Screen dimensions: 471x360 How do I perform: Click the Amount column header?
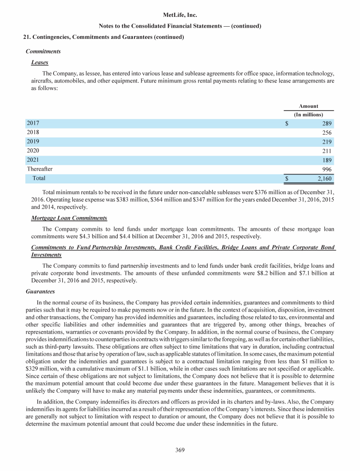pos(308,106)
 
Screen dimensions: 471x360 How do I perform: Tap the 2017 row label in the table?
pos(33,123)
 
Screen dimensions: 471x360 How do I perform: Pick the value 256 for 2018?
pos(327,133)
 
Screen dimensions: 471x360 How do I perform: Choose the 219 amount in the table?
pos(327,142)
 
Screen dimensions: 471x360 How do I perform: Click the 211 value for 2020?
pos(327,151)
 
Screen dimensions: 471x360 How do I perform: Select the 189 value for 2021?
pos(327,160)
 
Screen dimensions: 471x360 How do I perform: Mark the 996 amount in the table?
pos(327,169)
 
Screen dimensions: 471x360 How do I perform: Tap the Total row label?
pos(39,178)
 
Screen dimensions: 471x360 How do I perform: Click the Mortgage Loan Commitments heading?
pos(69,218)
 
